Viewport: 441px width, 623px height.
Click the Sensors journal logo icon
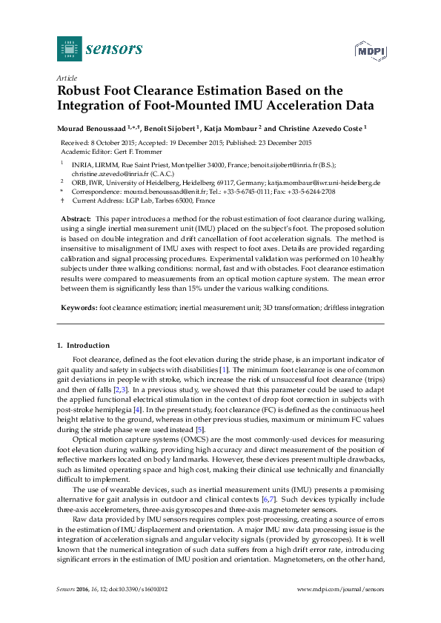coord(69,48)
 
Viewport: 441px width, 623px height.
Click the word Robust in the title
coord(82,90)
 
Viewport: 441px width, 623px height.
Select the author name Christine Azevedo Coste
coord(320,128)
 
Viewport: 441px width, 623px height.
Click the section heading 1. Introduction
coord(83,346)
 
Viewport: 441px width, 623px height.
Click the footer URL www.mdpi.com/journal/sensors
coord(340,609)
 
